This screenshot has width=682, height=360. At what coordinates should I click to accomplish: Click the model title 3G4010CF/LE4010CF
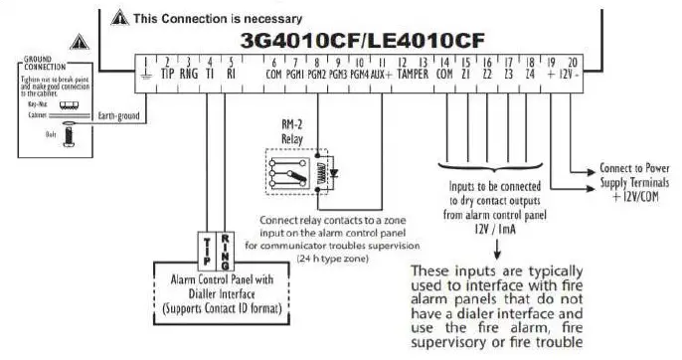pos(363,41)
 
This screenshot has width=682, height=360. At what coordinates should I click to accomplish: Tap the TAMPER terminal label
pos(414,74)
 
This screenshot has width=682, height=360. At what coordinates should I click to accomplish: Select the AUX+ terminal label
pos(382,74)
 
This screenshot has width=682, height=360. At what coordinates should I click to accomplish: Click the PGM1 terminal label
pos(295,74)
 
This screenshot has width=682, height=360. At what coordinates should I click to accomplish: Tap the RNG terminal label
pos(189,74)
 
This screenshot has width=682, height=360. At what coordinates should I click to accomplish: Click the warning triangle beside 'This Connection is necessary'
pos(119,18)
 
